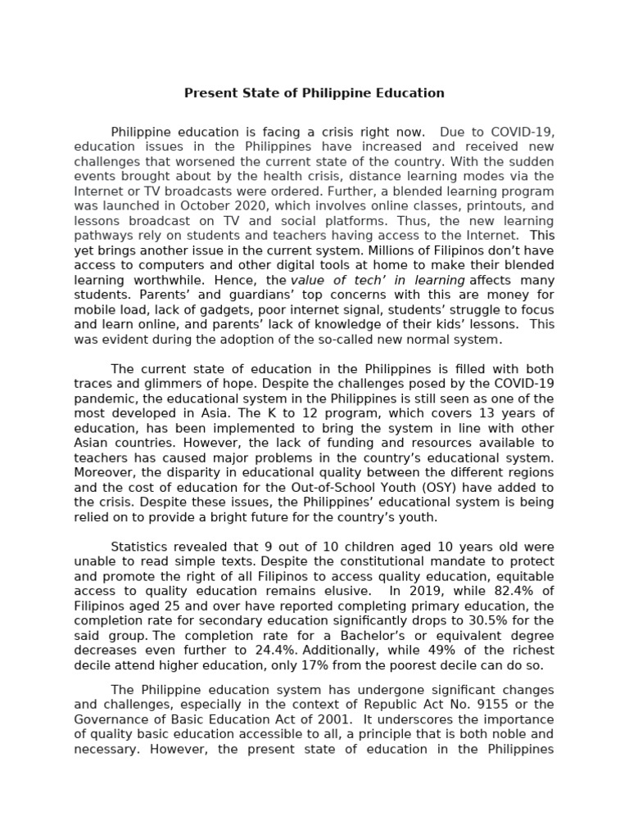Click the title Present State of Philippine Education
[x=314, y=93]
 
